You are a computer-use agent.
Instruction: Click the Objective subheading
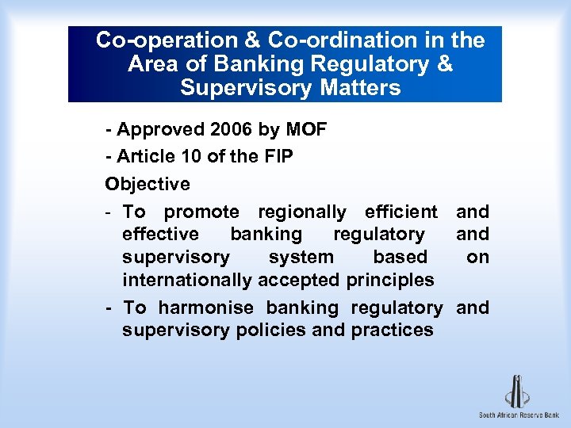coord(148,184)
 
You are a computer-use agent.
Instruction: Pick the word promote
coord(201,212)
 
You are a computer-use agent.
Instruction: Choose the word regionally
coord(302,212)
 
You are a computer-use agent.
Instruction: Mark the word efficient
coord(401,212)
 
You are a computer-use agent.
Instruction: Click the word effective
coord(161,234)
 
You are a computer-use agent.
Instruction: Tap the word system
coord(301,257)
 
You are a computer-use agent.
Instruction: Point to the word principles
coord(390,280)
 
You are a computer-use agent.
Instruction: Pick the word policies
coord(271,330)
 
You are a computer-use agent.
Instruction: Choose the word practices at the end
coord(394,330)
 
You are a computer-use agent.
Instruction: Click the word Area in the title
coord(153,63)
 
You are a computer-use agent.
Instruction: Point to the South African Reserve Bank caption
coord(519,415)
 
